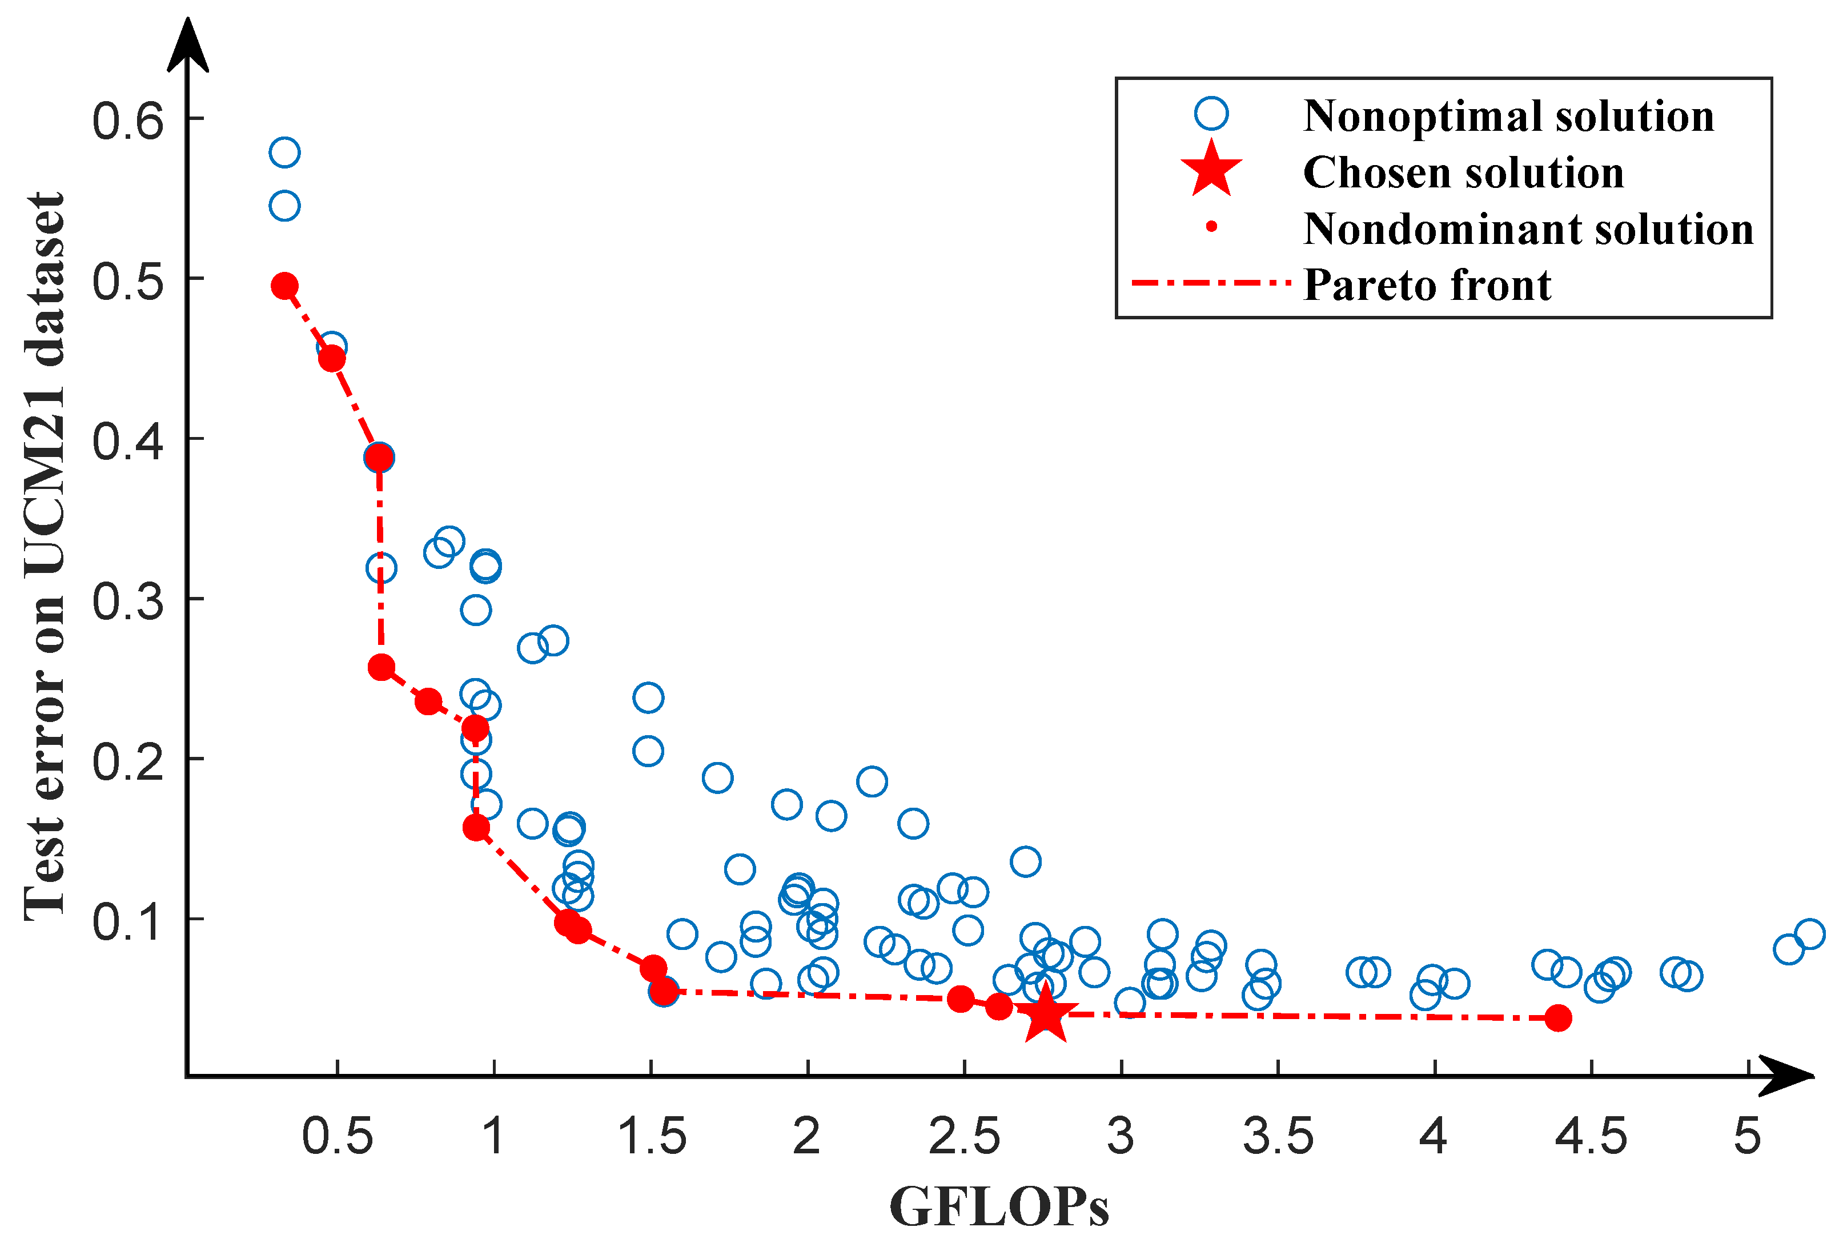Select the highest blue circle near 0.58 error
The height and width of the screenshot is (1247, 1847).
[284, 152]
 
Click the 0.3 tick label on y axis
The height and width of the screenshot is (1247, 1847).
[128, 601]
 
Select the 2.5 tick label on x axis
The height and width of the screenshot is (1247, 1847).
[963, 1137]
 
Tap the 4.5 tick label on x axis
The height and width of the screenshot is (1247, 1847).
[1591, 1137]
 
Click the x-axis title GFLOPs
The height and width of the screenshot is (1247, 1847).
[998, 1207]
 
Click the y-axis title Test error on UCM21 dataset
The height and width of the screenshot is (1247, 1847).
[45, 556]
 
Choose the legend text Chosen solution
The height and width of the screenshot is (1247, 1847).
[1463, 173]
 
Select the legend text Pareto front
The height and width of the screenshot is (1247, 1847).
[1427, 284]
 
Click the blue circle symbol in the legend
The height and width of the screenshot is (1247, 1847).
[1210, 114]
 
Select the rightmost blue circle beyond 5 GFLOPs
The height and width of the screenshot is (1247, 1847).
[1809, 934]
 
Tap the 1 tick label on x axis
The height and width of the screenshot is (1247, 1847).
[493, 1137]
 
